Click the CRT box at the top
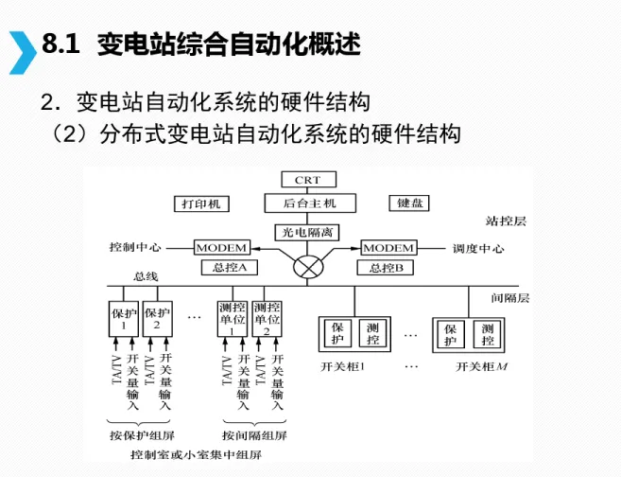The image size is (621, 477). pos(307,180)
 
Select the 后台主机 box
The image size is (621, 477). pos(307,203)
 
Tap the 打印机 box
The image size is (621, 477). pos(201,203)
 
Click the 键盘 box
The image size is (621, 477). pos(410,203)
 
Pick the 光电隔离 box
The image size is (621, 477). pos(307,231)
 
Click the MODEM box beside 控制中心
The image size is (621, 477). pos(222,248)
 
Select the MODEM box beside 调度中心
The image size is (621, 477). pos(389,248)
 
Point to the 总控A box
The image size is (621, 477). pos(229,268)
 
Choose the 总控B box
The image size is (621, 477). pos(386,268)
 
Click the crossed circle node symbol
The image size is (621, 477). pos(307,266)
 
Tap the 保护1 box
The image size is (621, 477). pos(125,318)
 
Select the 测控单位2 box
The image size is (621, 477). pos(267,318)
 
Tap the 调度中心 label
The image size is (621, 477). pos(477,248)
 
